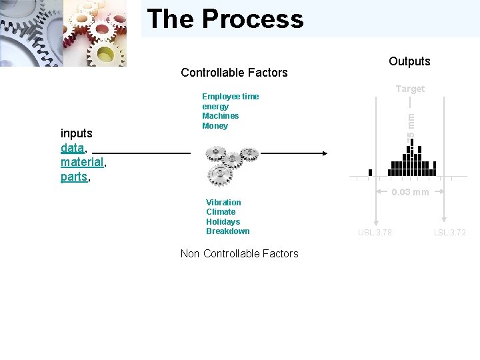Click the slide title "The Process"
tap(225, 19)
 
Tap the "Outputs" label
tap(409, 61)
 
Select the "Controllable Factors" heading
tap(234, 73)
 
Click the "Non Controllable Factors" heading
tap(239, 253)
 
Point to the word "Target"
tap(410, 89)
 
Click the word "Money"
tap(215, 126)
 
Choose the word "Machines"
tap(220, 116)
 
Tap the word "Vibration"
tap(223, 203)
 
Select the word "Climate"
tap(221, 212)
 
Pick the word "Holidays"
tap(223, 222)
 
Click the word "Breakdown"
tap(227, 231)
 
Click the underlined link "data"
tap(72, 147)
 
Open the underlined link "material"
tap(82, 162)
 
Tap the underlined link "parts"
tap(74, 177)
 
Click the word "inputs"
tap(77, 133)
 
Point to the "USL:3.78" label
tap(375, 233)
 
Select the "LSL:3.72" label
tap(450, 233)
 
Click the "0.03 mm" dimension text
tap(410, 193)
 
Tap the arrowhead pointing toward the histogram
tap(324, 153)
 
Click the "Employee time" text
tap(230, 97)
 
